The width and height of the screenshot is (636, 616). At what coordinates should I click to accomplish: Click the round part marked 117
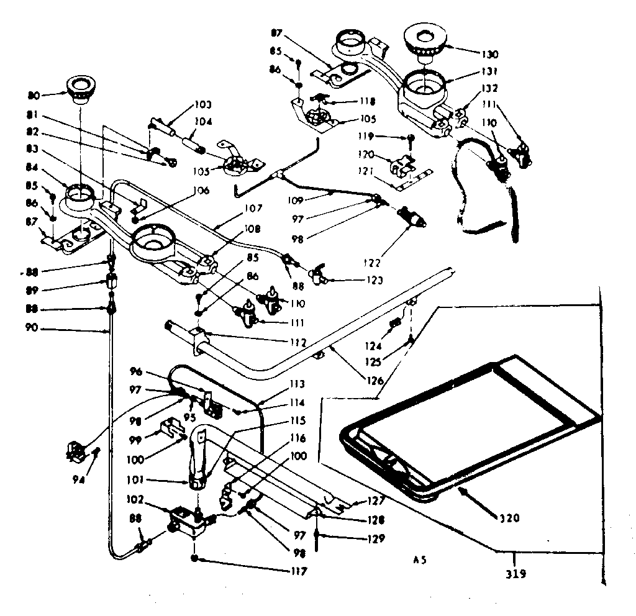(x=196, y=558)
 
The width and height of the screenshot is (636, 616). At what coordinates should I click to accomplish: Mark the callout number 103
(x=203, y=104)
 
